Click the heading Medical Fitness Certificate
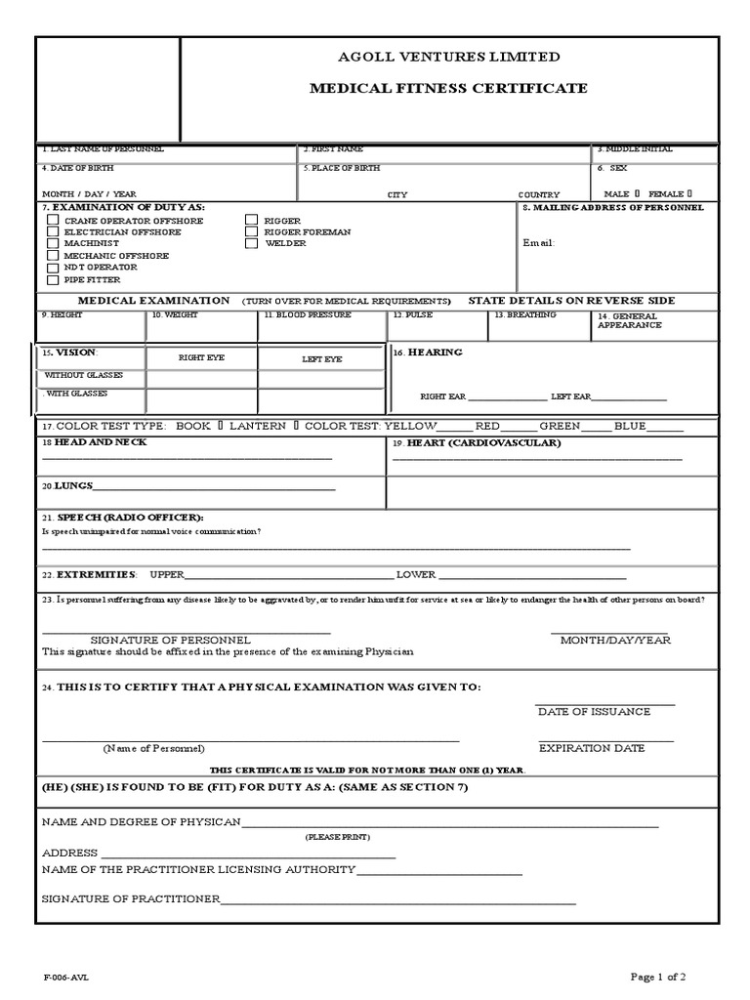(x=448, y=89)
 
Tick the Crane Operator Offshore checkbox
(x=52, y=221)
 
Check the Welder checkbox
(x=251, y=244)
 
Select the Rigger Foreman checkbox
(x=251, y=232)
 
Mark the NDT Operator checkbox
(x=52, y=268)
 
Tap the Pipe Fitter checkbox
(x=52, y=279)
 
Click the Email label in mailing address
(x=538, y=243)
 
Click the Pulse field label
(x=411, y=315)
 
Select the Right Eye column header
(x=201, y=358)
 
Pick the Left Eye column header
(x=321, y=359)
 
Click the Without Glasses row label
(x=82, y=376)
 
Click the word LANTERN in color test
(x=259, y=427)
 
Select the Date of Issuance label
(x=594, y=712)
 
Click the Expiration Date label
(x=592, y=749)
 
